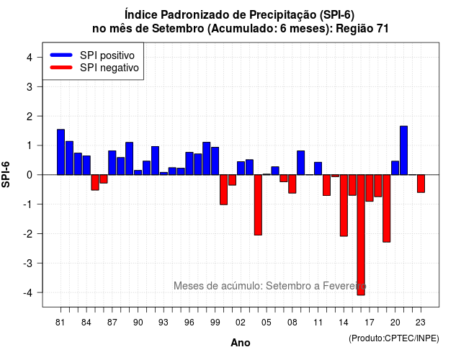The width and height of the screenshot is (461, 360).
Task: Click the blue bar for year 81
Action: click(x=61, y=152)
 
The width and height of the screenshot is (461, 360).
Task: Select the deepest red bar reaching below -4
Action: click(x=361, y=235)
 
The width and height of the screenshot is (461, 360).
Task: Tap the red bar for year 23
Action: click(x=421, y=184)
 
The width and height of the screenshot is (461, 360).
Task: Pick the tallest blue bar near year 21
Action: click(x=403, y=150)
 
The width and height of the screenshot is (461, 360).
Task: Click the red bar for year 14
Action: click(x=344, y=205)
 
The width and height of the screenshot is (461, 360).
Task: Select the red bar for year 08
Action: click(x=292, y=184)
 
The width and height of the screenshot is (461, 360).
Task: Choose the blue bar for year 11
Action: click(x=318, y=168)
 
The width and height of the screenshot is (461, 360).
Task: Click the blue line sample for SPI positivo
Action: click(x=61, y=55)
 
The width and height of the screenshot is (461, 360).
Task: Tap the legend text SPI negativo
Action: click(x=109, y=68)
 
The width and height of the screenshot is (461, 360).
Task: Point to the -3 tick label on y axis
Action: click(x=28, y=264)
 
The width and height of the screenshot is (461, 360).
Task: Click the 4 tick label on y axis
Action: click(x=30, y=58)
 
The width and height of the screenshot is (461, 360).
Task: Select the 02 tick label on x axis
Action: click(x=240, y=323)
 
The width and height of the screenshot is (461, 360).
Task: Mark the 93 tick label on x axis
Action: click(x=164, y=323)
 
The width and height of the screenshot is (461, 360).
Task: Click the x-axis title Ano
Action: click(x=241, y=343)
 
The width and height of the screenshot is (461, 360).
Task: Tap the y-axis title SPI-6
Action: click(x=6, y=174)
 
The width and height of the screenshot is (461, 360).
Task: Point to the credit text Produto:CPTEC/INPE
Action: click(x=394, y=338)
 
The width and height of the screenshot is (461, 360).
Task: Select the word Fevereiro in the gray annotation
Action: click(x=344, y=286)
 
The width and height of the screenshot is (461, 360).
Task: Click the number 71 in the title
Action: click(x=382, y=29)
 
